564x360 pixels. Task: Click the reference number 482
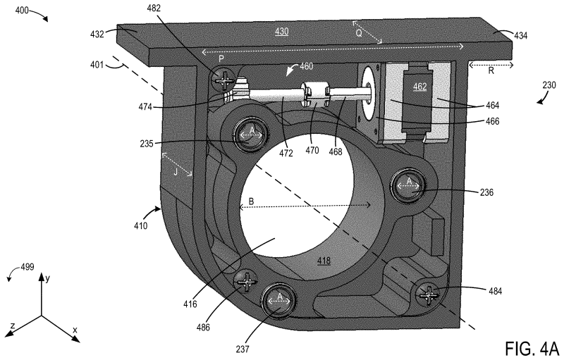point(154,8)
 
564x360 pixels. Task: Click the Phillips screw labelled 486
point(246,280)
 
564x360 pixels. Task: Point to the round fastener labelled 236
point(408,186)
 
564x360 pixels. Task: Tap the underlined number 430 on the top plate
point(281,32)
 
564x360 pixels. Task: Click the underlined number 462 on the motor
point(419,87)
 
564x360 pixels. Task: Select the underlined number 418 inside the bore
point(324,261)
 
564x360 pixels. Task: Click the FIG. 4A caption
point(532,348)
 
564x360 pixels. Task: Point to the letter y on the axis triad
point(47,278)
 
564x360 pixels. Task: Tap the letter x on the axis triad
point(75,330)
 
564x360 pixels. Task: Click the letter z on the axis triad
point(13,326)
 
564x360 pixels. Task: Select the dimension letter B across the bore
point(251,201)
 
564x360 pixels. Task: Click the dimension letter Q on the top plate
point(359,33)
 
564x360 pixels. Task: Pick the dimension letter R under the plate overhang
point(491,70)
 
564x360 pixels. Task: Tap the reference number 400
point(22,11)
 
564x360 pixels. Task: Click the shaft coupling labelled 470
point(315,95)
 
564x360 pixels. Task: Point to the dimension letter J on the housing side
point(176,172)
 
